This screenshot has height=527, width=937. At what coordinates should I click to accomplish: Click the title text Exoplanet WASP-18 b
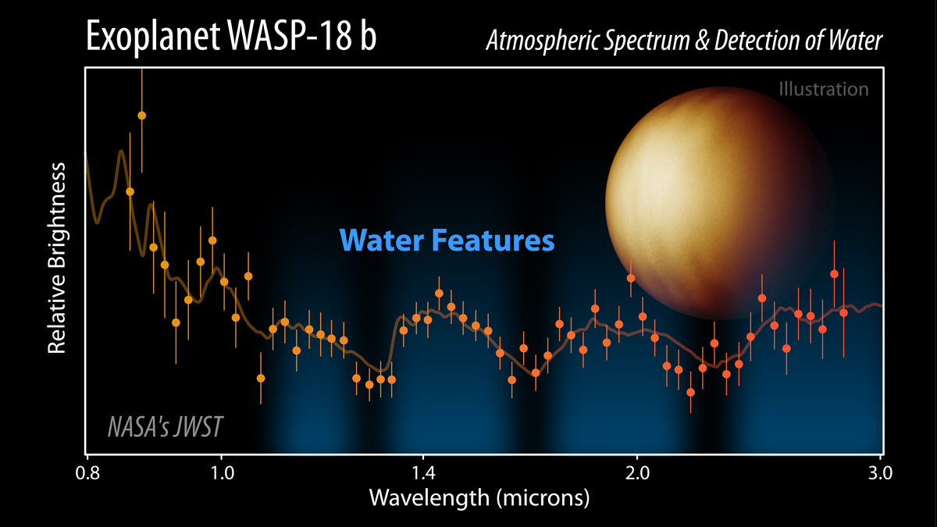[230, 37]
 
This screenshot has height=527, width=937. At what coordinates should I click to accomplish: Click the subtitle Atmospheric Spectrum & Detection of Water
[684, 41]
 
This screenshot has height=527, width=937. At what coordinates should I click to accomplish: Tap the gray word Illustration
[823, 89]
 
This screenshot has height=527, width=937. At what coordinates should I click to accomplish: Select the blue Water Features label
[447, 240]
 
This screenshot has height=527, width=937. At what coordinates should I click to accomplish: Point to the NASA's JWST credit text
[165, 427]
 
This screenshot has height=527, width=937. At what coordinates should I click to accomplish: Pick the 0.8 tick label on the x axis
[87, 474]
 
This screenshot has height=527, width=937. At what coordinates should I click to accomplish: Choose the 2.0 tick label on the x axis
[637, 474]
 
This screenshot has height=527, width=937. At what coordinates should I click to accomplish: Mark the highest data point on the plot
[141, 116]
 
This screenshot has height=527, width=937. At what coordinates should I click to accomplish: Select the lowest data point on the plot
[690, 392]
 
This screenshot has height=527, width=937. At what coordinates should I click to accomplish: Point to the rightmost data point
[843, 313]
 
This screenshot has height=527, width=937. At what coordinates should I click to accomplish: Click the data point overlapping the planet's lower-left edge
[630, 278]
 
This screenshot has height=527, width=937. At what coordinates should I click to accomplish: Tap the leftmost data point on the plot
[130, 191]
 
